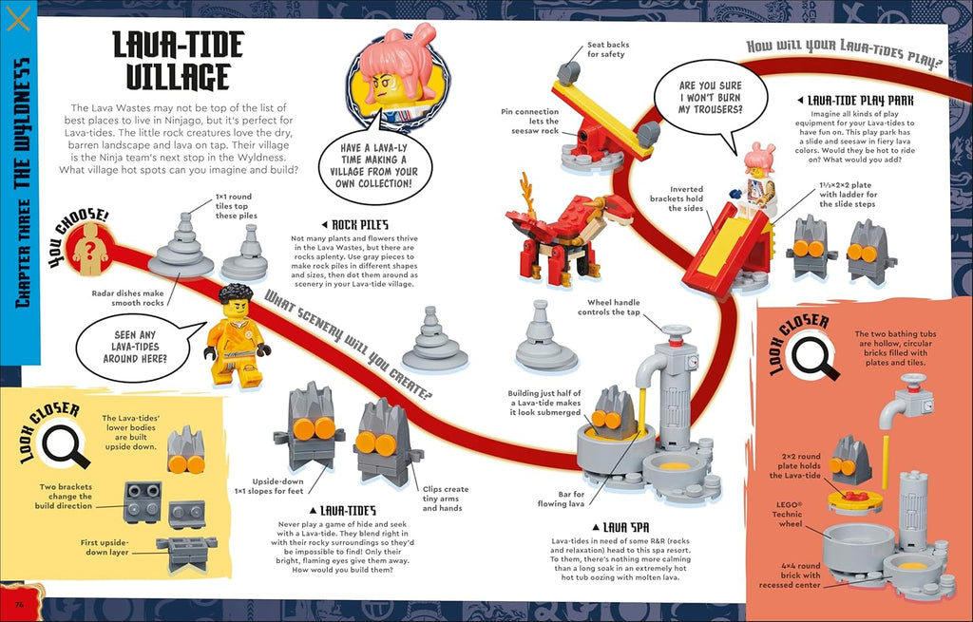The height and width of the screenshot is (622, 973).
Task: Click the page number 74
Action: click(19, 604)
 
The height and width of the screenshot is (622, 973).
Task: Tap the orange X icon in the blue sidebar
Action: click(18, 19)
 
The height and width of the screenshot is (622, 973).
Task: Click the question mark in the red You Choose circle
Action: click(90, 250)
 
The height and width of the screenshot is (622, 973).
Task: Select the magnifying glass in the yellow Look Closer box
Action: click(63, 445)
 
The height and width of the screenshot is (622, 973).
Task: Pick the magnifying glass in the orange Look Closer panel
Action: click(812, 358)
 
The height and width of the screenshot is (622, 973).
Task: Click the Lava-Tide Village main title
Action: click(178, 60)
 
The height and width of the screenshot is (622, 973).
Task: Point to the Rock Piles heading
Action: click(355, 224)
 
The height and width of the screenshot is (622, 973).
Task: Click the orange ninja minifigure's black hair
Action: click(237, 292)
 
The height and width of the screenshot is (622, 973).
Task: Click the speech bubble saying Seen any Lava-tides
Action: click(139, 348)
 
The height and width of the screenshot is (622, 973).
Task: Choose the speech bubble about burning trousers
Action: click(710, 97)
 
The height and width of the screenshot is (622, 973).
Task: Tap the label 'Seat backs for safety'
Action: click(607, 49)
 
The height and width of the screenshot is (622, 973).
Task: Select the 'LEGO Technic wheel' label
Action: click(788, 514)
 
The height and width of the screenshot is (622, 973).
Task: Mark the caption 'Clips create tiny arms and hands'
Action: click(445, 499)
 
